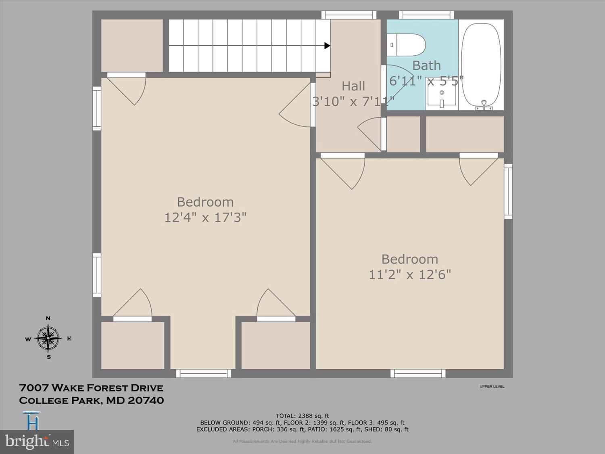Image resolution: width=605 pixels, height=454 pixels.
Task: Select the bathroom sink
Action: coord(442,97)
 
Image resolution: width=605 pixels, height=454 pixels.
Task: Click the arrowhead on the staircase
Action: coord(327,46)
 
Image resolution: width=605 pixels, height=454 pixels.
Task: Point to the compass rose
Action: coord(48,338)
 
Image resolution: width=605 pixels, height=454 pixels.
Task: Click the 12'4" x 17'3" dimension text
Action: coord(205,218)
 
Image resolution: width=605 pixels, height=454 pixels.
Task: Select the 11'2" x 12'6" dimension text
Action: coord(410,275)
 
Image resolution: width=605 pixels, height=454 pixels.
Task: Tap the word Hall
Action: coord(353,86)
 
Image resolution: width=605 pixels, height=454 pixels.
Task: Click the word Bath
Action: coord(426,65)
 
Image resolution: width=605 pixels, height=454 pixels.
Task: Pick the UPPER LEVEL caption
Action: coord(492,387)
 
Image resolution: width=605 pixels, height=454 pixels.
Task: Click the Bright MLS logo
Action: coord(37,441)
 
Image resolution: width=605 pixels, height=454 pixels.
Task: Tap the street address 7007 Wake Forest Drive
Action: coord(91,388)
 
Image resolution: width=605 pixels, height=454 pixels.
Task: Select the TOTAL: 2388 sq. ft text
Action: coord(302,416)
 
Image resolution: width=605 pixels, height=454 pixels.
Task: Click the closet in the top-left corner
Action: coord(132,45)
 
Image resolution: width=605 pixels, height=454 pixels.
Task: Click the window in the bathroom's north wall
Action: coord(426,15)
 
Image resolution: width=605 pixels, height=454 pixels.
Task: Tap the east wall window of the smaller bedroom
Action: coord(508,191)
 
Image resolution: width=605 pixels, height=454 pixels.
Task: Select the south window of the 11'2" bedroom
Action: coord(418,374)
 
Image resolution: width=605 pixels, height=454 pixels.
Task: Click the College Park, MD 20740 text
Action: coord(91,401)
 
